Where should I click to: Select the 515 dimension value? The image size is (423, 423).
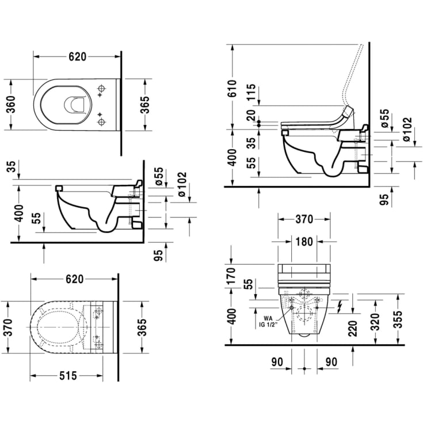[x=67, y=376]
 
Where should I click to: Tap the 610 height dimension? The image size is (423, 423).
[x=233, y=88]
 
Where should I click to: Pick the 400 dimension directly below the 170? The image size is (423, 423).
[x=233, y=316]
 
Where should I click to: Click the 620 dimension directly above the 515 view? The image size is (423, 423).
[x=74, y=279]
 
